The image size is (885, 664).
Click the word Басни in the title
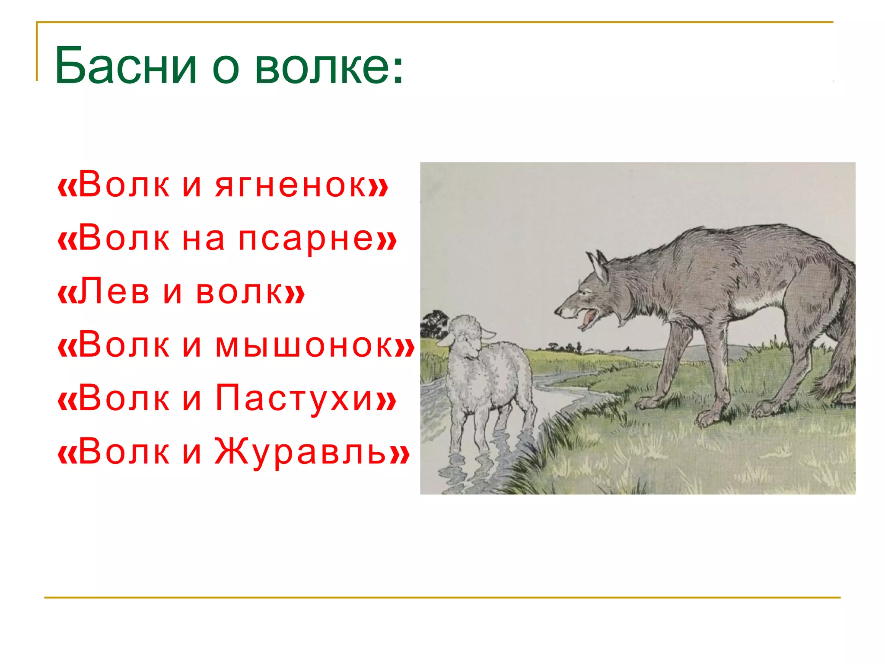tap(125, 66)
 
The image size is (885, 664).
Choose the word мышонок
tap(309, 345)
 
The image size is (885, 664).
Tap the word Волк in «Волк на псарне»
tap(124, 239)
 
